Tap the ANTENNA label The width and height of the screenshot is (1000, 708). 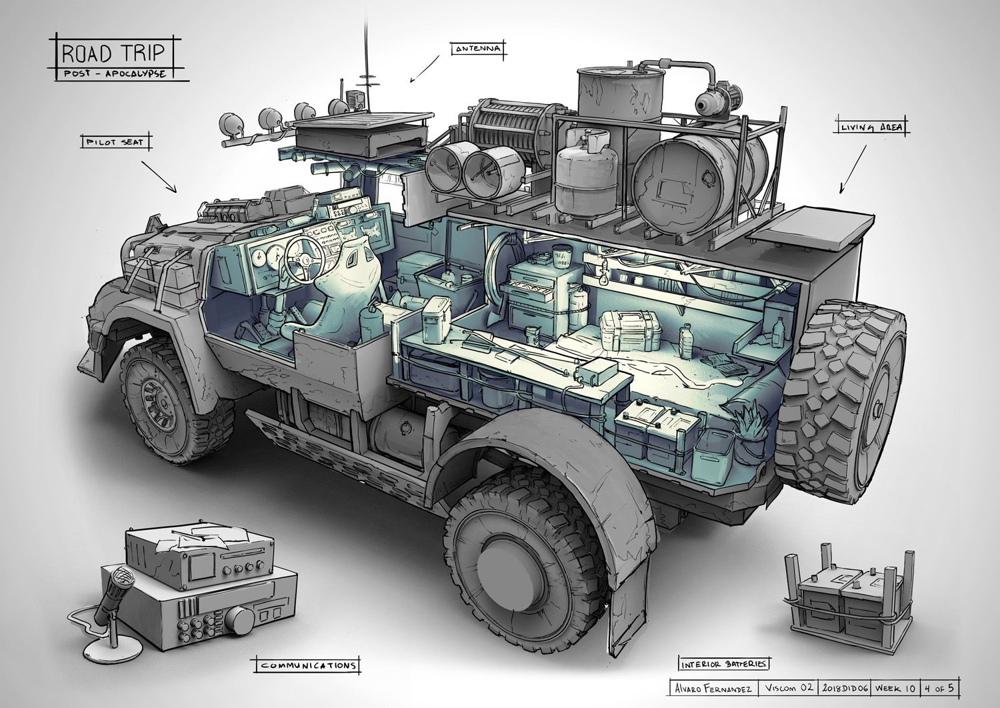[x=478, y=49]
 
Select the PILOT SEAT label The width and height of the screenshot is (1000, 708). [x=115, y=143]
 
